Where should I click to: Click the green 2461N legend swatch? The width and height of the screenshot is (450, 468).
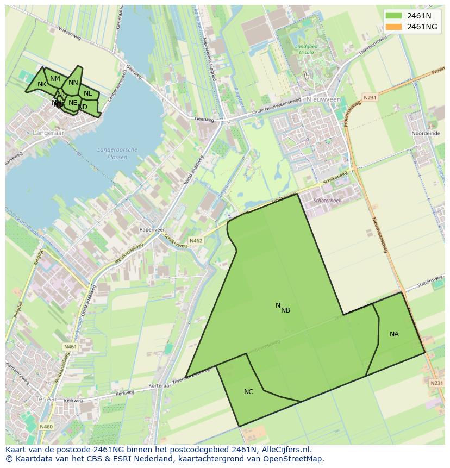394,16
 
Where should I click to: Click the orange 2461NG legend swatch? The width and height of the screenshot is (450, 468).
394,27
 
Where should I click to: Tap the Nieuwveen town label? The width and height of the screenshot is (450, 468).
323,100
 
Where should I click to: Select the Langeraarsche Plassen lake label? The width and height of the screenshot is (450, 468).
117,153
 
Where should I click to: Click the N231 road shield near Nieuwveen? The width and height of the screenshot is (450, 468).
370,98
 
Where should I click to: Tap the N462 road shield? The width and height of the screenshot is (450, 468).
196,240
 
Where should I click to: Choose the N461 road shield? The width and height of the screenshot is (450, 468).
70,347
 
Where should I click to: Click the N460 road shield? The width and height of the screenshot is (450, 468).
46,427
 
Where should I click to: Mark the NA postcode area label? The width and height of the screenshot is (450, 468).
394,334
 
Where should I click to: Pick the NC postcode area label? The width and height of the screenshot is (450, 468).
248,391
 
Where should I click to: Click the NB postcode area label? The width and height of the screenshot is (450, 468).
286,310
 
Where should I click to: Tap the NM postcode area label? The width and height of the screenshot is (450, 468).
55,79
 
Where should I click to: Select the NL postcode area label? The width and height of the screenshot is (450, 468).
87,93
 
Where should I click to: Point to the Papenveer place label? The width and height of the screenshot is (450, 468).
152,230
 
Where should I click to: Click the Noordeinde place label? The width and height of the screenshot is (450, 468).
426,133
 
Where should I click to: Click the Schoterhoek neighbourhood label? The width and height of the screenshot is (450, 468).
327,201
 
